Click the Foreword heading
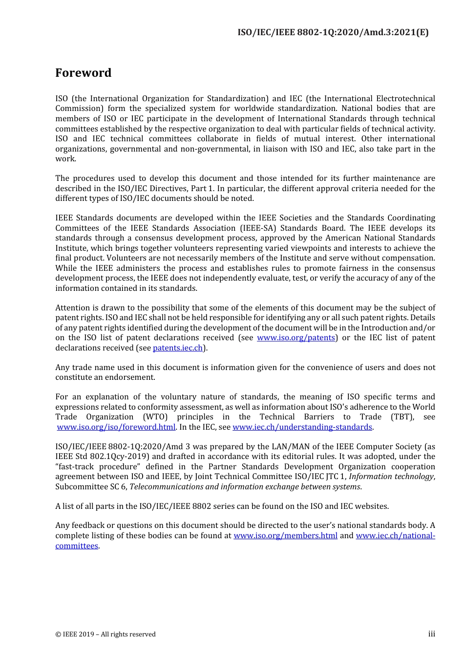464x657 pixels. click(83, 73)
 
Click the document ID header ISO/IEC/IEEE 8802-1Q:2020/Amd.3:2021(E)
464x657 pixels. click(333, 32)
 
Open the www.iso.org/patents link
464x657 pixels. click(296, 338)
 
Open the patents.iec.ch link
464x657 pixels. click(178, 348)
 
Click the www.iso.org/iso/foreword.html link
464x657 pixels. click(116, 427)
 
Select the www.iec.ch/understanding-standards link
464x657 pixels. click(302, 427)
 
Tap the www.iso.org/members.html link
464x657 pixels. click(285, 536)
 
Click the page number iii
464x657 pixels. click(431, 634)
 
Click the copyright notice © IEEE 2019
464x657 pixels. click(105, 635)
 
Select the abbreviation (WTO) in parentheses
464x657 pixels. click(155, 417)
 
